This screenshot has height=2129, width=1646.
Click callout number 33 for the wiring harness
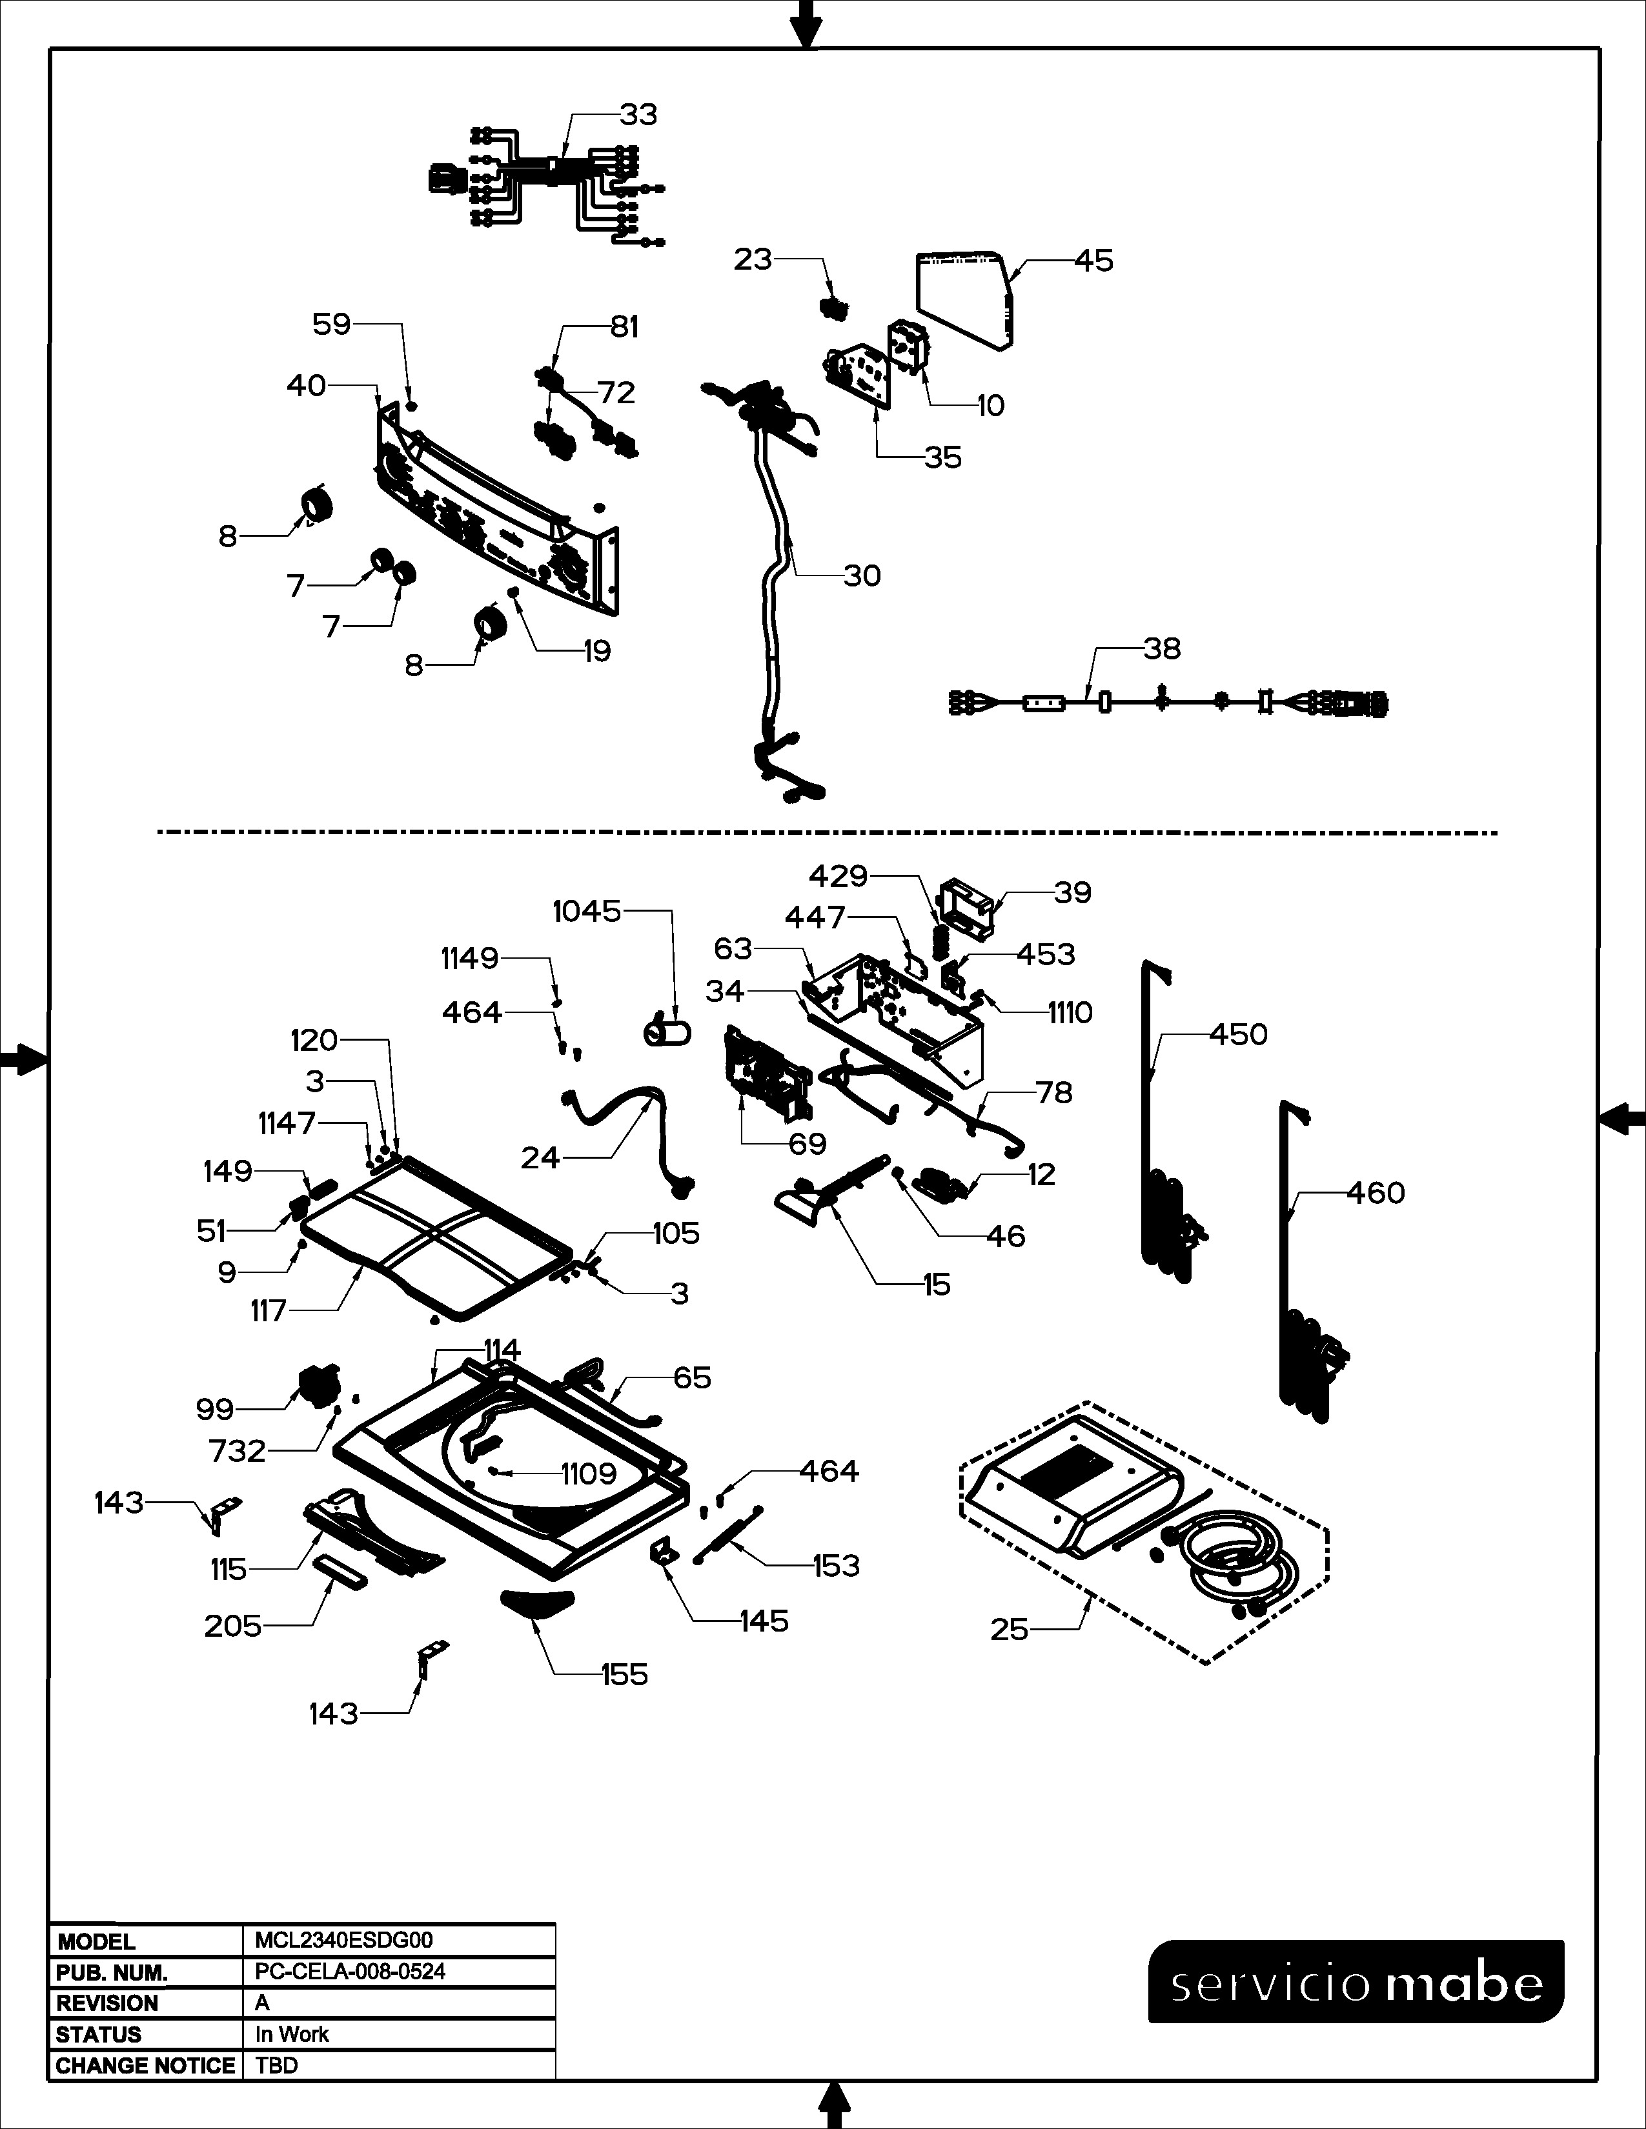click(638, 115)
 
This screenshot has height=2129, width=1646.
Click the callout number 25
click(1010, 1629)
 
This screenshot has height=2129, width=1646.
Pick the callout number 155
click(624, 1675)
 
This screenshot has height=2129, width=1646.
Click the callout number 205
click(232, 1625)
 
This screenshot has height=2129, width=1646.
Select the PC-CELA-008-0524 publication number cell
click(350, 1971)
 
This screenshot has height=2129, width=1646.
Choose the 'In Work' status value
click(292, 2034)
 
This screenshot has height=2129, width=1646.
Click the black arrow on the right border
click(1623, 1118)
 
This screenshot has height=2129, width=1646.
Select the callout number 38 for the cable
click(1161, 648)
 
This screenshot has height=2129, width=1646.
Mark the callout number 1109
click(588, 1474)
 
